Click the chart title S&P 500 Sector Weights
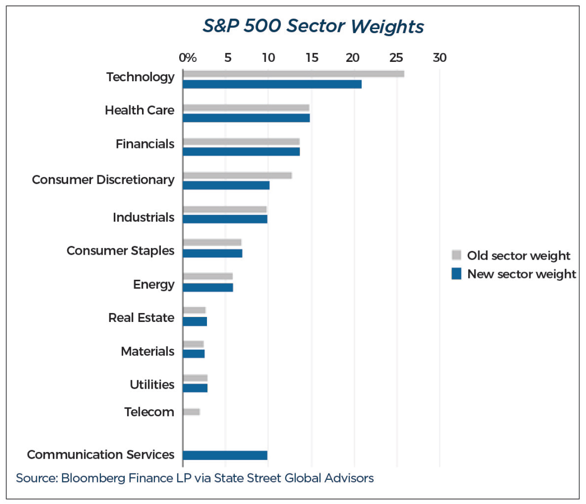(x=313, y=26)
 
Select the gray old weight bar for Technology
(x=293, y=74)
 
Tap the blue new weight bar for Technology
(x=272, y=84)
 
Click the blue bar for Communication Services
(x=225, y=455)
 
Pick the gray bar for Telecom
(x=191, y=412)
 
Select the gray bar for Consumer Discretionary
(x=237, y=175)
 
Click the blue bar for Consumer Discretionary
(x=226, y=185)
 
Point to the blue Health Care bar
(x=246, y=118)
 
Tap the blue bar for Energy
(x=208, y=287)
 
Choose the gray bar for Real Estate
(x=194, y=310)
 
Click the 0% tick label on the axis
(x=187, y=58)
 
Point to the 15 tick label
(x=312, y=58)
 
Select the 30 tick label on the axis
(x=439, y=58)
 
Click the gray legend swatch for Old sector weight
(x=457, y=255)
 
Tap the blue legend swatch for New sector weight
(x=457, y=274)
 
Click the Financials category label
(x=145, y=144)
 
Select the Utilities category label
(x=152, y=385)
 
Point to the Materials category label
(x=147, y=351)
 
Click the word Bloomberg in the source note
(x=93, y=478)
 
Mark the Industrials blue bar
(x=225, y=219)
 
